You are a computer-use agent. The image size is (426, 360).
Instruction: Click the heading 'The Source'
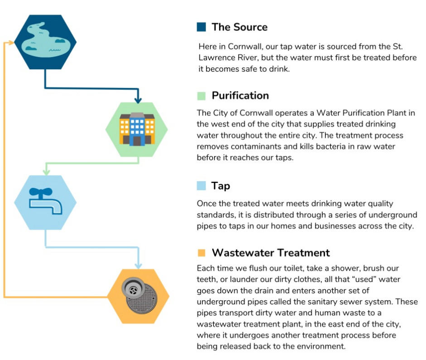click(x=239, y=27)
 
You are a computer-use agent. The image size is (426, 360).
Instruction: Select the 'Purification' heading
click(x=240, y=96)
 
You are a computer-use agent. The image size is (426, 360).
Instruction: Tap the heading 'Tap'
click(x=220, y=186)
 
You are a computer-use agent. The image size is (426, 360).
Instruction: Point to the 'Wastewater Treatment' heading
click(x=271, y=253)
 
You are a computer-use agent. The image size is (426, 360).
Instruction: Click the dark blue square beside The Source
click(x=201, y=27)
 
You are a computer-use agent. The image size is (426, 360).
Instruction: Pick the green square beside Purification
click(x=201, y=96)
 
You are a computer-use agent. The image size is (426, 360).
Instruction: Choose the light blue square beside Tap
click(x=201, y=186)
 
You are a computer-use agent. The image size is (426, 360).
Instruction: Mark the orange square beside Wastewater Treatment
click(x=201, y=253)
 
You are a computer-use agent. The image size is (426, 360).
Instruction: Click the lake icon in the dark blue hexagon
click(x=45, y=40)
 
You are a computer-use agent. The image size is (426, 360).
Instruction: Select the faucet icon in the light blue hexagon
click(x=46, y=201)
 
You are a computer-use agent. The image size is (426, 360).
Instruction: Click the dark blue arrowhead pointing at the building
click(x=138, y=100)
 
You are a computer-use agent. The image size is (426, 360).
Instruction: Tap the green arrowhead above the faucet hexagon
click(x=47, y=172)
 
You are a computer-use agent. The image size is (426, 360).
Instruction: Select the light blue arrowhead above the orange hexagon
click(x=138, y=265)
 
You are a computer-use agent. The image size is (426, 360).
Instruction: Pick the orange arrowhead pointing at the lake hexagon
click(x=11, y=43)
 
